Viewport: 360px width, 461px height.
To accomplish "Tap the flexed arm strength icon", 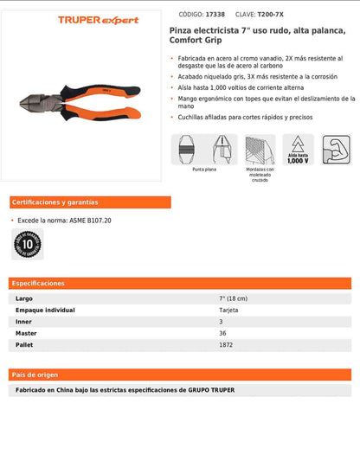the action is [336, 148].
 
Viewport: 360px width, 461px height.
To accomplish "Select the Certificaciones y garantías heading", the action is [55, 202].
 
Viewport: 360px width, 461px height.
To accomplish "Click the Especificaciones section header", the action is [40, 283].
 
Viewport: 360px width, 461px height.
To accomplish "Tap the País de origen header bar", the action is [35, 374].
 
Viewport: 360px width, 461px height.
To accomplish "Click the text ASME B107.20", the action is [91, 221].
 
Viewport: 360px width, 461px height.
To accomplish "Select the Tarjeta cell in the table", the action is [228, 310].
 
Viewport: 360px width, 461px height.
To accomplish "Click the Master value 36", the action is [222, 333].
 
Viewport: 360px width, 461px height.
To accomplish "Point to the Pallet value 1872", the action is [226, 345].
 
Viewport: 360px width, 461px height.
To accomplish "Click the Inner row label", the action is [23, 322].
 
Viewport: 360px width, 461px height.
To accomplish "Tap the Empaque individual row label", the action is [45, 310].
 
